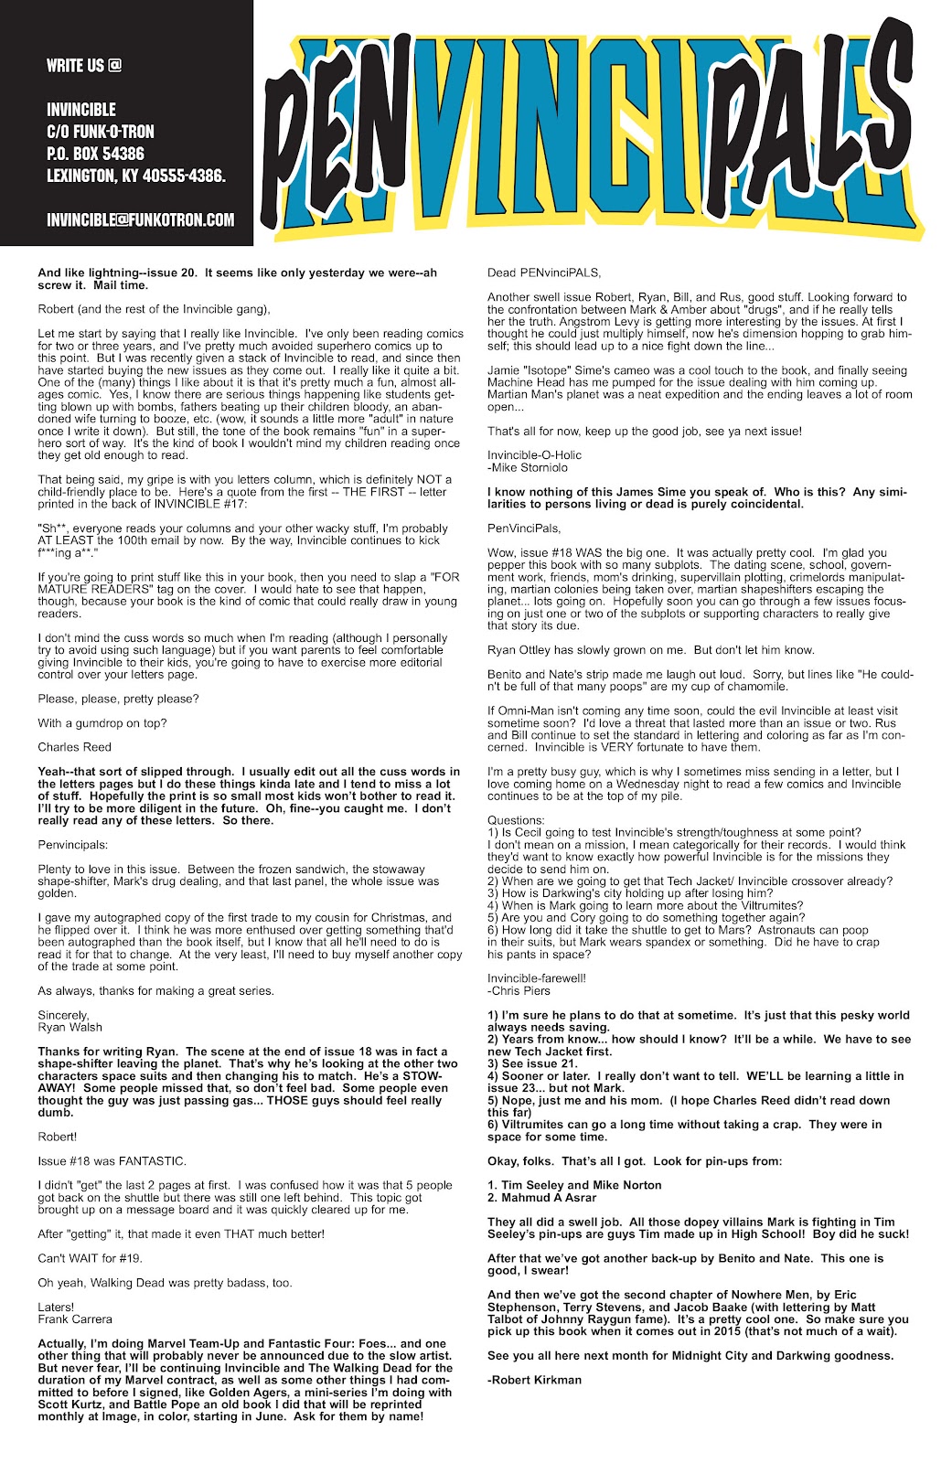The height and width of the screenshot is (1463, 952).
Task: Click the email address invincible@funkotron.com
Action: click(140, 220)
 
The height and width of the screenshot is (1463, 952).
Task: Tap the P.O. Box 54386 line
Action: click(95, 154)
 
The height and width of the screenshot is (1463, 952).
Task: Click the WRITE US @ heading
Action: click(84, 66)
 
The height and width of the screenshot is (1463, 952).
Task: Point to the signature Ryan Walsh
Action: click(70, 1027)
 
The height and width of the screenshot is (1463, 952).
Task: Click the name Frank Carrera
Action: click(75, 1319)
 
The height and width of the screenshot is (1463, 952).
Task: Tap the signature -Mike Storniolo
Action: click(528, 467)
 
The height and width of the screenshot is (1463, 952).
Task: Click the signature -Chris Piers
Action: click(518, 990)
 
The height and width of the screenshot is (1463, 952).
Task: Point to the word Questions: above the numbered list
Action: click(516, 820)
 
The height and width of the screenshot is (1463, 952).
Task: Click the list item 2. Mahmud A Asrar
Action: click(541, 1197)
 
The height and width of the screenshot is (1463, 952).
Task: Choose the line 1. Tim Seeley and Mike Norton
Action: click(574, 1185)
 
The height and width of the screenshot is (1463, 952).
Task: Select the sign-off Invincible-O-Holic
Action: click(534, 455)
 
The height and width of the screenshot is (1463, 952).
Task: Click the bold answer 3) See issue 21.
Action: click(532, 1063)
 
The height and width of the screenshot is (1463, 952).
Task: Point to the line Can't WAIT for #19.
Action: click(90, 1258)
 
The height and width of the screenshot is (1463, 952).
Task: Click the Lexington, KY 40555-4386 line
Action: click(136, 176)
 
